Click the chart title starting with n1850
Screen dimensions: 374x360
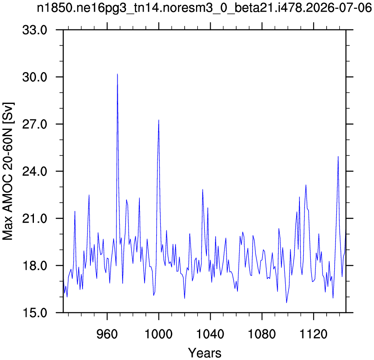point(204,9)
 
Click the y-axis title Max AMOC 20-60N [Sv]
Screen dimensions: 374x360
point(8,171)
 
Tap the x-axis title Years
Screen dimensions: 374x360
point(205,353)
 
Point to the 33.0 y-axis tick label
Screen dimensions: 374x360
point(35,30)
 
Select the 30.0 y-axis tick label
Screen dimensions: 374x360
point(35,77)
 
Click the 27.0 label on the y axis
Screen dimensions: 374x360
point(35,124)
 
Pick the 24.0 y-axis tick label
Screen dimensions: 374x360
point(35,171)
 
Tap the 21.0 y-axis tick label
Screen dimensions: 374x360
point(35,218)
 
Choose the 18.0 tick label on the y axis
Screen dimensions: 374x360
point(35,265)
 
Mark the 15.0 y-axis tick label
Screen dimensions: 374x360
point(35,313)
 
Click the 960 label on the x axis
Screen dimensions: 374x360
point(107,334)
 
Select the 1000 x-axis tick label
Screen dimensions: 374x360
point(159,334)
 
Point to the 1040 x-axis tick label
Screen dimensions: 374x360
point(210,334)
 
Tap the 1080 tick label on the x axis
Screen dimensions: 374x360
point(262,334)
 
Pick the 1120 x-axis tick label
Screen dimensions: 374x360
point(313,334)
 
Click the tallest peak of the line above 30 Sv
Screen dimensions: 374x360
point(117,74)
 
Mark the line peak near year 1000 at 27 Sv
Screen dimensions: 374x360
point(159,120)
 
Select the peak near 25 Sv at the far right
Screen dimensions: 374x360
point(338,156)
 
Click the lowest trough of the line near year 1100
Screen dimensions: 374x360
point(286,303)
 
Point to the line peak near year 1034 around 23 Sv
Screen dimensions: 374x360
point(203,189)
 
